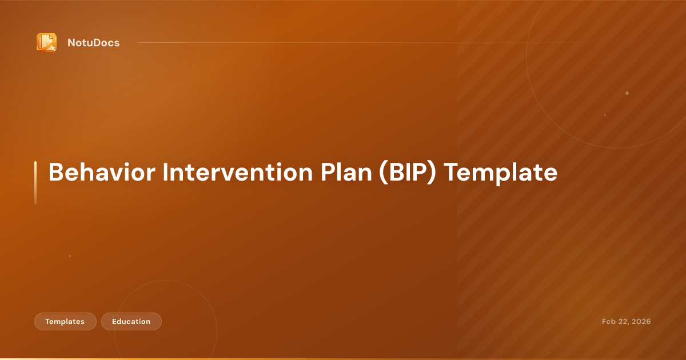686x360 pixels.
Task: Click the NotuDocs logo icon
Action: (46, 42)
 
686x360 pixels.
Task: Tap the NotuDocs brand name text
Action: (93, 43)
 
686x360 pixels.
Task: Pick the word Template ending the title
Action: (501, 173)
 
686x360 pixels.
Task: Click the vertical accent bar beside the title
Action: (35, 182)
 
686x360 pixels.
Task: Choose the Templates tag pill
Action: (65, 322)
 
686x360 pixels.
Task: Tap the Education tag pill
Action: (131, 322)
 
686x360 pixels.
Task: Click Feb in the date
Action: (609, 322)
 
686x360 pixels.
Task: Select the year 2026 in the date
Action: (641, 322)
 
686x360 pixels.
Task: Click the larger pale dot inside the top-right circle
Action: (627, 93)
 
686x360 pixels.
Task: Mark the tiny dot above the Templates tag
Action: (70, 256)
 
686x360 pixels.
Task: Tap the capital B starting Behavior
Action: (55, 173)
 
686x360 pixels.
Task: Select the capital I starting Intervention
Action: (164, 173)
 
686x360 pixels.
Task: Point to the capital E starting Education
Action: (114, 322)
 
